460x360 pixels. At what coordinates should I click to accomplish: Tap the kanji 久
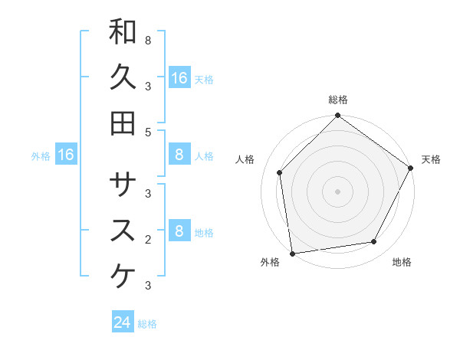[123, 77]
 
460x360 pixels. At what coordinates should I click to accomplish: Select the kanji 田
[123, 123]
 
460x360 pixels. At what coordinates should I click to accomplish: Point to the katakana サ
[123, 184]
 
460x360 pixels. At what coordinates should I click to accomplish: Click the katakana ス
[123, 230]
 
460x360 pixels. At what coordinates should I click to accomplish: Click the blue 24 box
[123, 322]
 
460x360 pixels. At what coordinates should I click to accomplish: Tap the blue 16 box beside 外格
[66, 155]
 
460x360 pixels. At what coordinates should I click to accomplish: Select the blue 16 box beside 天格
[179, 77]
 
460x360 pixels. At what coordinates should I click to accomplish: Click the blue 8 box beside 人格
[179, 155]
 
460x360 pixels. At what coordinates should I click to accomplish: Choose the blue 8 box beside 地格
[179, 231]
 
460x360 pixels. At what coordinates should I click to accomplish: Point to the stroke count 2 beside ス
[148, 239]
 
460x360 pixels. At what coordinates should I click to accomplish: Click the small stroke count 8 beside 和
[148, 40]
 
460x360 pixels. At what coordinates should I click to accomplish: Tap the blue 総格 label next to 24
[147, 324]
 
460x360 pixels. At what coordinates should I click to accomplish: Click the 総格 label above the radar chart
[338, 100]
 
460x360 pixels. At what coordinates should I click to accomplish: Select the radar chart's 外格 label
[270, 263]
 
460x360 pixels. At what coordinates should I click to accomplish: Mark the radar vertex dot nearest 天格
[410, 168]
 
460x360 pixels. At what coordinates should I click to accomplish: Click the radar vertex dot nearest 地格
[374, 242]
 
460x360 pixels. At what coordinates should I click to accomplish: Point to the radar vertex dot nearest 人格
[280, 172]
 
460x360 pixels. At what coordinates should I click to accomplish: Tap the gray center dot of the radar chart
[338, 191]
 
